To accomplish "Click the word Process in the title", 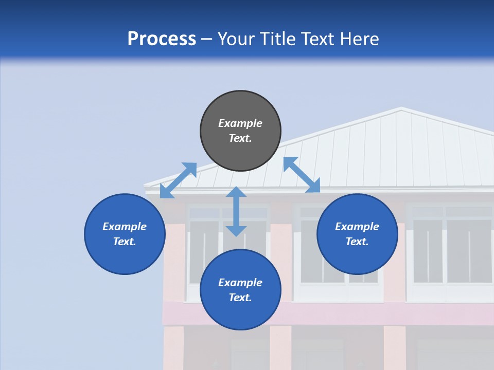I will tap(162, 39).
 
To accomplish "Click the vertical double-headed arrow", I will tap(236, 211).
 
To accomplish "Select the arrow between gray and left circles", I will tap(178, 180).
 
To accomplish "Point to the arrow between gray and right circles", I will tap(302, 175).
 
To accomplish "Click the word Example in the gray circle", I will tap(240, 123).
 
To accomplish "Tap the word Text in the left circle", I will tap(124, 242).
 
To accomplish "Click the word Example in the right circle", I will tap(357, 227).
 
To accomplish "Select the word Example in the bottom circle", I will tap(240, 283).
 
